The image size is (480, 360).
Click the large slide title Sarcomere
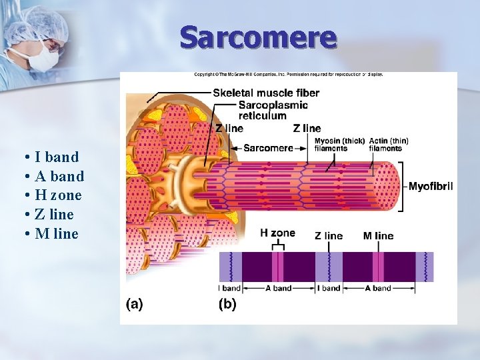click(258, 37)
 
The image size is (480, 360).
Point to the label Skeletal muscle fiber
click(266, 93)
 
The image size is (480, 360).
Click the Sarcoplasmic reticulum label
click(273, 110)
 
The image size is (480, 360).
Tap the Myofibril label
click(431, 187)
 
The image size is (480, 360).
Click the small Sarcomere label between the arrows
click(268, 148)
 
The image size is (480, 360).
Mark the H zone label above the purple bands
click(277, 233)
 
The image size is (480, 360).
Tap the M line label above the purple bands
click(378, 235)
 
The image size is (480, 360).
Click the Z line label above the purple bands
click(329, 235)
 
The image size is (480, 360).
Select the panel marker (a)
click(134, 303)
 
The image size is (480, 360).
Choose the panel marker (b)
click(227, 303)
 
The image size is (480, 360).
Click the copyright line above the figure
click(288, 75)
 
